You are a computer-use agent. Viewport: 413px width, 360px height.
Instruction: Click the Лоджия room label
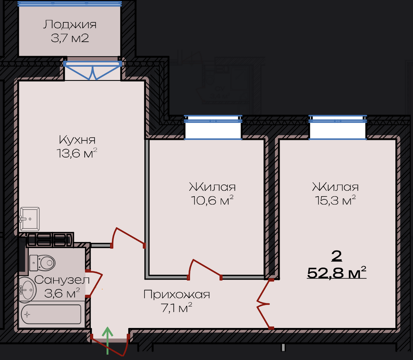pos(70,25)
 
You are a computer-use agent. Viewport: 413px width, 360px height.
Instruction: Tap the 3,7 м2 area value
pos(70,38)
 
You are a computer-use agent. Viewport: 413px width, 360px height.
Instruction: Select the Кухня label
pos(77,140)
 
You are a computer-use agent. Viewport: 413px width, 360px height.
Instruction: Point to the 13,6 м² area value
pos(77,153)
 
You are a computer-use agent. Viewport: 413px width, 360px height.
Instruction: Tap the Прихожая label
pos(177,294)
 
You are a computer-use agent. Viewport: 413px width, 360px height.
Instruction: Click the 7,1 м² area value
pos(177,308)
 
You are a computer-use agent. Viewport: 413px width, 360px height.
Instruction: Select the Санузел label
pos(62,280)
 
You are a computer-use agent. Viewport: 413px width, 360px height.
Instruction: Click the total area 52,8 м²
pos(337,273)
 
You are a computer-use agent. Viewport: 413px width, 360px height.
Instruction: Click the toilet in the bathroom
pos(42,263)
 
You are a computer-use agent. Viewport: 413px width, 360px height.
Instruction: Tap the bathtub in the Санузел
pos(51,314)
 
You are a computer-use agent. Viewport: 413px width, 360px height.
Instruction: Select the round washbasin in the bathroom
pos(28,290)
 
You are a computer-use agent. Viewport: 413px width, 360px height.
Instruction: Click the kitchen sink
pos(30,219)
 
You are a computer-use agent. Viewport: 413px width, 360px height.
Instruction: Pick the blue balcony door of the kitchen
pos(93,70)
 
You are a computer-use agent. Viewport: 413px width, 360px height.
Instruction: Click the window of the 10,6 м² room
pos(213,127)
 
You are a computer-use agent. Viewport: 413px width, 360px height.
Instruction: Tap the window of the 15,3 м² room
pos(338,127)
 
